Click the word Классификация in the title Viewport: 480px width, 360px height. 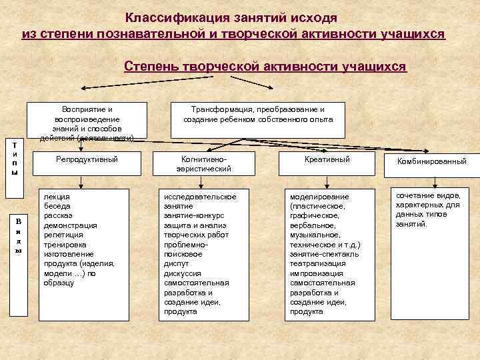coord(169,18)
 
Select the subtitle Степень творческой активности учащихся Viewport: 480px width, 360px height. coord(265,67)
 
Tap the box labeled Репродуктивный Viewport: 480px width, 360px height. coord(87,160)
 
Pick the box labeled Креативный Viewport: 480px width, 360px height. coord(327,160)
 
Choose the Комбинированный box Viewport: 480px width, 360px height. coord(431,161)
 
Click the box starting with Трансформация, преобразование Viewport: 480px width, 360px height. coord(258,114)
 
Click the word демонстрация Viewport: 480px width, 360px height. coord(70,225)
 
